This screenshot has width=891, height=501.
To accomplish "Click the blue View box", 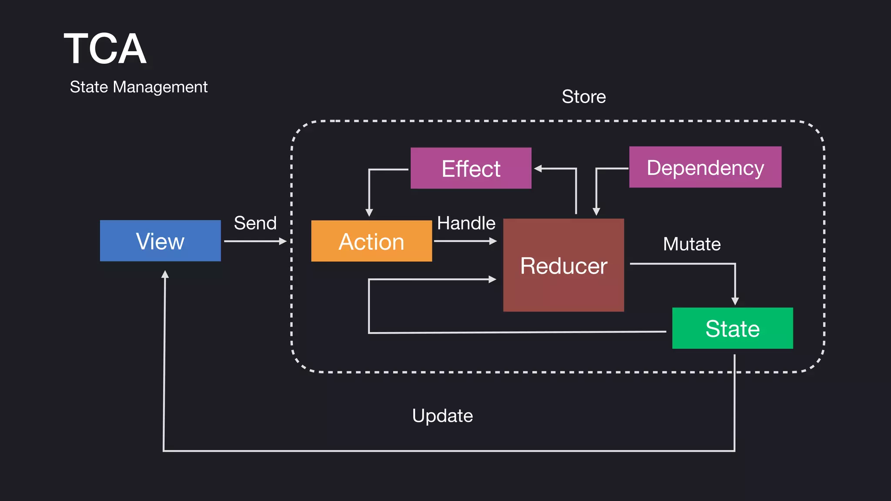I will coord(160,240).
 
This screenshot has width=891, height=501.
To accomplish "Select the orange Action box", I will coord(372,241).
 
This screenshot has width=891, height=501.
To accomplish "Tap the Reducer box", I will coord(563,265).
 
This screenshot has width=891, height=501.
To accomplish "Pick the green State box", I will coord(732,328).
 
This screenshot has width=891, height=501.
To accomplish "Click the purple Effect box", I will coord(471,168).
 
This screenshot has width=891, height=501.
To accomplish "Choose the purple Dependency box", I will coord(705,167).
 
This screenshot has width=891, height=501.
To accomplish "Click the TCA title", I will coord(105,49).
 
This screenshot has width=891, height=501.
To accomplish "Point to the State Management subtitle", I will coord(138,87).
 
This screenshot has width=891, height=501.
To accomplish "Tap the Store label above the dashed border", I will coord(583,97).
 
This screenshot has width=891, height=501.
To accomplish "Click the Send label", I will coord(255,223).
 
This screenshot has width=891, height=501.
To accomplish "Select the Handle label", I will coord(466,223).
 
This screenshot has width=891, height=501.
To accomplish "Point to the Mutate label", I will coord(691,244).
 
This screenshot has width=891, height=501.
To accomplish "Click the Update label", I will coord(442,416).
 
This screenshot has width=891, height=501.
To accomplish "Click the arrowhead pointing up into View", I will coord(165,274).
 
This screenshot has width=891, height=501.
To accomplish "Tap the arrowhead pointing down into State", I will coord(735,301).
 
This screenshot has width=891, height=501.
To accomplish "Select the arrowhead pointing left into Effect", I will coord(538,168).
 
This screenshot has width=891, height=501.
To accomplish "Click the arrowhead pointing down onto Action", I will coord(369,212).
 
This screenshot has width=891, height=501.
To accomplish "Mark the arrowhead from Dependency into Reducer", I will coord(596,211).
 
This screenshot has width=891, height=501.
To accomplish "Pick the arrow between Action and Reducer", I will coord(465,241).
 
